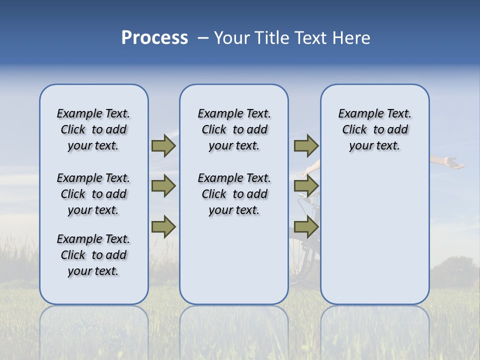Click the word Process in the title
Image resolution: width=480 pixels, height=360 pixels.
(x=154, y=37)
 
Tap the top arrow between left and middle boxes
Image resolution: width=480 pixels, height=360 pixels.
(x=163, y=145)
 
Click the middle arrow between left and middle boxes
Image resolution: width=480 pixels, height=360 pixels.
(x=163, y=186)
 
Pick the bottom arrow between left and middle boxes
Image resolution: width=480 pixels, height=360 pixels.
(x=163, y=227)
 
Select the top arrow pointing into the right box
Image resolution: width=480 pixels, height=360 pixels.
(x=306, y=145)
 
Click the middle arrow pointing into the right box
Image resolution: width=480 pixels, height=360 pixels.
(x=306, y=186)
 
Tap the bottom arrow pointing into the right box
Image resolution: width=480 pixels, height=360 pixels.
(x=306, y=227)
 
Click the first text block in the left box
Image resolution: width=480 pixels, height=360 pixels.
(x=93, y=129)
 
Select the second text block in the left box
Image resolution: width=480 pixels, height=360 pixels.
(x=93, y=194)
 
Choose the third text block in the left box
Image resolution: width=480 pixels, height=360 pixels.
(x=93, y=255)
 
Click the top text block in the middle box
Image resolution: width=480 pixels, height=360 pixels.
(x=234, y=129)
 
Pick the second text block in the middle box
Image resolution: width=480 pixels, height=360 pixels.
(x=234, y=194)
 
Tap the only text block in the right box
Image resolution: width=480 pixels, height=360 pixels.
(x=374, y=129)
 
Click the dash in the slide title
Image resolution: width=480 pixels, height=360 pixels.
(x=203, y=38)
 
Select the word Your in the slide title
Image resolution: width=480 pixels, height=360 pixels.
(x=231, y=37)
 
